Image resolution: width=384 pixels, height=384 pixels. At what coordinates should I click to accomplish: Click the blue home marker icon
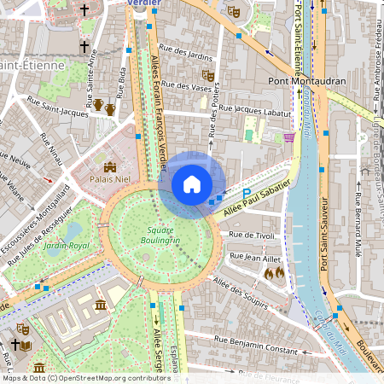pyautogui.click(x=192, y=184)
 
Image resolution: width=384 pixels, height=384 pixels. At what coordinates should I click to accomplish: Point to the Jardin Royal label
pyautogui.click(x=67, y=246)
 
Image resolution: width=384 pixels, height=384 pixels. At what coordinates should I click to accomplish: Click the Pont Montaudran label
pyautogui.click(x=305, y=82)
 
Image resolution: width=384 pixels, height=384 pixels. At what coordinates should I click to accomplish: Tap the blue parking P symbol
pyautogui.click(x=247, y=194)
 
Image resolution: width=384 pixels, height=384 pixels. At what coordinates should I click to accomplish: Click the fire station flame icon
pyautogui.click(x=274, y=274)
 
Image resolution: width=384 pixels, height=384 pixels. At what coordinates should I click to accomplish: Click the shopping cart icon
pyautogui.click(x=289, y=135)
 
